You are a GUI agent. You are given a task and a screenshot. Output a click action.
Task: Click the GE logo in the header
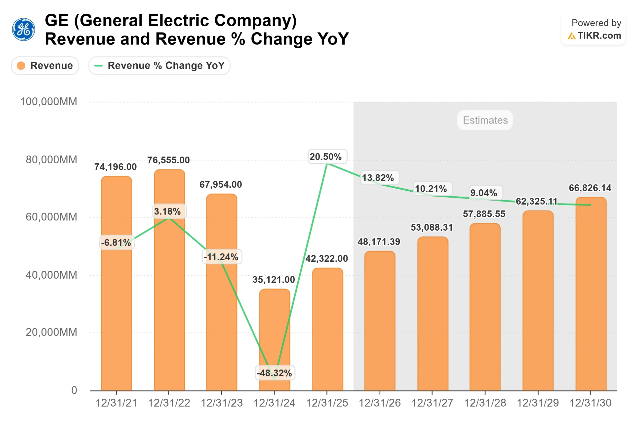(x=24, y=30)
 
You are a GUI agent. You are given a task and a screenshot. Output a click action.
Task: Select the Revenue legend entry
(x=45, y=65)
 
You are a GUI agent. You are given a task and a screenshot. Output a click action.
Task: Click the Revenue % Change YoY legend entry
(x=159, y=65)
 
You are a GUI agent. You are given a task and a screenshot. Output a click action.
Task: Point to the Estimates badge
(x=485, y=120)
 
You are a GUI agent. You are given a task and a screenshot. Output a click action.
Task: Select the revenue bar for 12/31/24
(x=275, y=341)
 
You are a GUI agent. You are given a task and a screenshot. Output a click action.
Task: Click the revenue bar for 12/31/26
(x=380, y=322)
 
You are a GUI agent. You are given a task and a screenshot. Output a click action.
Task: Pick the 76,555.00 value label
(x=168, y=160)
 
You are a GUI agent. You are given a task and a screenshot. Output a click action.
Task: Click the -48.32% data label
(x=274, y=373)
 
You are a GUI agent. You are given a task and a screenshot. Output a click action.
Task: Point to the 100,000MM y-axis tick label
(x=49, y=102)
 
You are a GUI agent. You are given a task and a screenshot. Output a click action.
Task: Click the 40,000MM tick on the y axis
(x=51, y=275)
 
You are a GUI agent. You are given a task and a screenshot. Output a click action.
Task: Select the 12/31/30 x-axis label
(x=590, y=403)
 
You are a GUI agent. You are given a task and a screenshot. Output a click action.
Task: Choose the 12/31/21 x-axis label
(x=116, y=403)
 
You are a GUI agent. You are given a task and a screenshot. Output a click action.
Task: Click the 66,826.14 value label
(x=590, y=188)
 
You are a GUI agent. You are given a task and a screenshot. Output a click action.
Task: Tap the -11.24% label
(x=221, y=257)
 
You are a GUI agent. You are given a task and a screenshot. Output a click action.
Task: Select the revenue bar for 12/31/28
(x=485, y=308)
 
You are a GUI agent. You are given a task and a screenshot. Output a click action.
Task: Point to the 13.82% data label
(x=378, y=178)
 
